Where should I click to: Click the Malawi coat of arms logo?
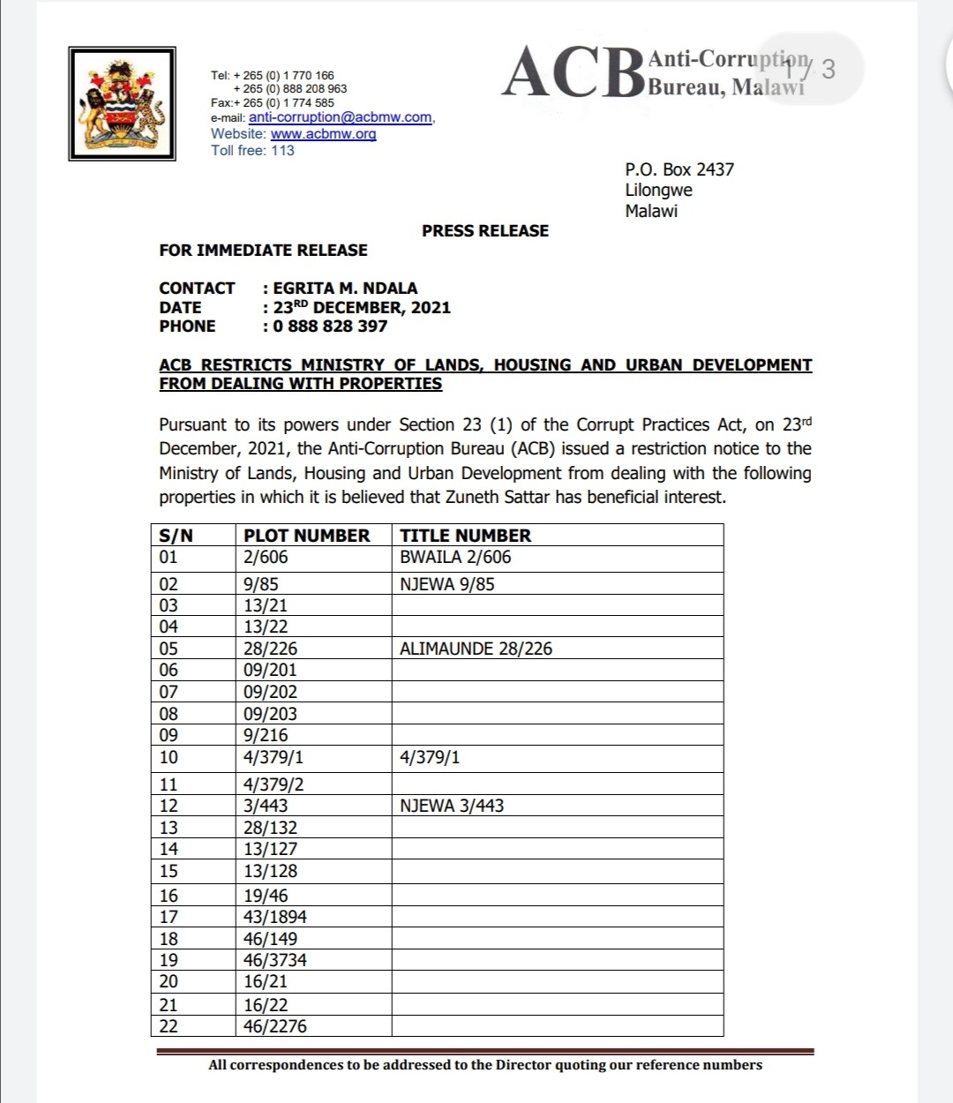(122, 103)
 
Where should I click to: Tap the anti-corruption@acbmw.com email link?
(340, 117)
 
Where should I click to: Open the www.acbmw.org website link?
(323, 134)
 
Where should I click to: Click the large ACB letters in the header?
(573, 73)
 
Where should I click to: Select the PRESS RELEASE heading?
(484, 231)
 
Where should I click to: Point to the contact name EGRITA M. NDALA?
(345, 289)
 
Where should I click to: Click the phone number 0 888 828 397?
(330, 326)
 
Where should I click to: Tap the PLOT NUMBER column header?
(306, 536)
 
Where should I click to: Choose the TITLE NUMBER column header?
(465, 536)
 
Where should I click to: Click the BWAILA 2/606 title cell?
(455, 558)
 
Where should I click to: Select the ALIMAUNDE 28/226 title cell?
(476, 649)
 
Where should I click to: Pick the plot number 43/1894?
(275, 917)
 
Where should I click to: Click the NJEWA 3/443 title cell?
(452, 806)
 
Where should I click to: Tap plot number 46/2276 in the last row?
(275, 1026)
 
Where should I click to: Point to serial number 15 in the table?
(169, 871)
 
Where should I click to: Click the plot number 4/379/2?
(274, 784)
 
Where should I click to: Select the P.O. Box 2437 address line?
(679, 169)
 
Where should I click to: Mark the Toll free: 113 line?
(252, 151)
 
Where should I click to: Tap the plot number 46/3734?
(275, 960)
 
